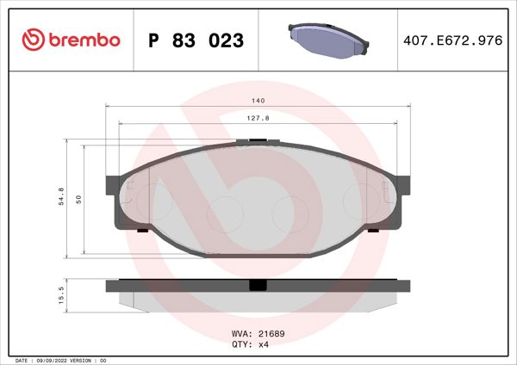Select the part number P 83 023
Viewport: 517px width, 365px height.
[x=196, y=40]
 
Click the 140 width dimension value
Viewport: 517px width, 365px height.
[x=258, y=101]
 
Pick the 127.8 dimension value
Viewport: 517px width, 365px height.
[x=258, y=119]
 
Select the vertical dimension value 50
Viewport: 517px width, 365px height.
[x=78, y=199]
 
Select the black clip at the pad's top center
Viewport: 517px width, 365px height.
[x=255, y=141]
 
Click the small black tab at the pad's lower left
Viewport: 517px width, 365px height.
[x=142, y=231]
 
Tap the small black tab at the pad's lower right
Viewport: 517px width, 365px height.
[x=372, y=231]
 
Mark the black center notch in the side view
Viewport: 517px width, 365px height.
[x=257, y=286]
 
